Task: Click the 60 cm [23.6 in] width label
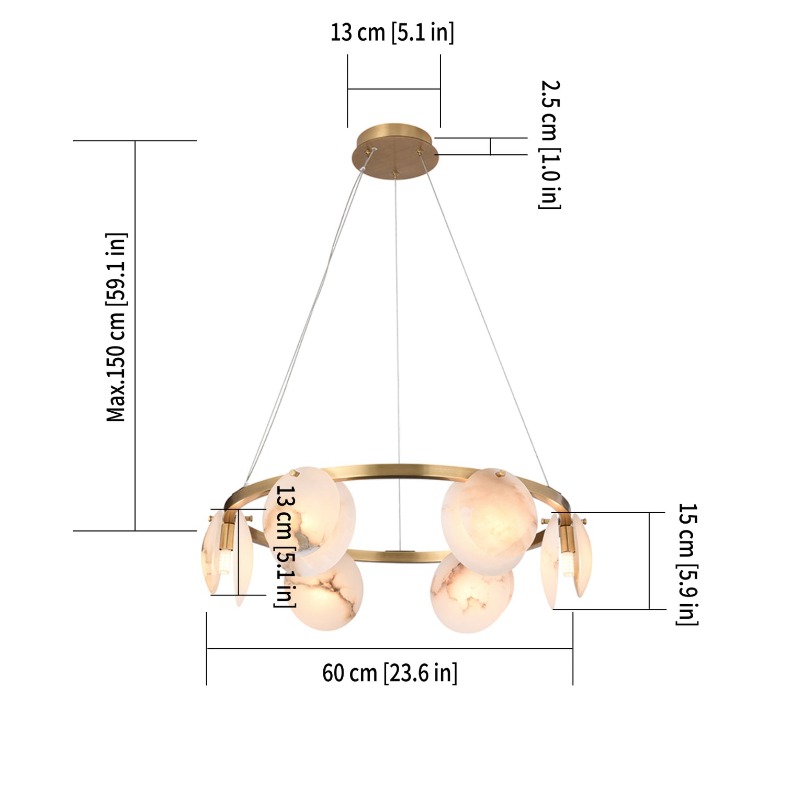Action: tap(389, 673)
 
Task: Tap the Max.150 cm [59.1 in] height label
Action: tap(116, 327)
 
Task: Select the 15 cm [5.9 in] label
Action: tap(687, 564)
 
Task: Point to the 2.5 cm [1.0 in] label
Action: tap(549, 144)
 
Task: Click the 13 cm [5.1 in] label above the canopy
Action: tap(392, 32)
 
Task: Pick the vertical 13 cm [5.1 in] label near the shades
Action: tap(286, 546)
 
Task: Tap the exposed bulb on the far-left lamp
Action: tap(224, 563)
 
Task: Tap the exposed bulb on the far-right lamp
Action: tap(568, 565)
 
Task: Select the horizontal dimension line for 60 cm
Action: tap(389, 649)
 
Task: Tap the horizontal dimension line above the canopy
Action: tap(393, 89)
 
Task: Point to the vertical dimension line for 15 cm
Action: tap(649, 561)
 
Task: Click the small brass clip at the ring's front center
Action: tap(400, 552)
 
